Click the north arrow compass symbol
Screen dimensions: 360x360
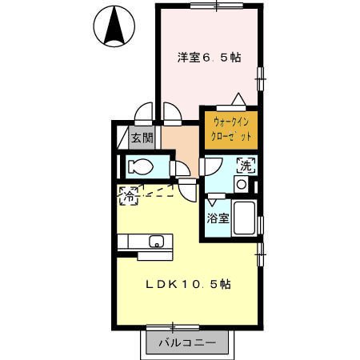click(x=114, y=26)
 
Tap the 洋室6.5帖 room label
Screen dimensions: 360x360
click(x=210, y=58)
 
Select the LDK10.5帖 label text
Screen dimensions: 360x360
click(x=188, y=285)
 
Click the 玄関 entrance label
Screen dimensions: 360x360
click(x=142, y=138)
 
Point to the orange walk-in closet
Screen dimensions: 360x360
click(x=231, y=130)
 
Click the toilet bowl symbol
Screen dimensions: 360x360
click(x=141, y=167)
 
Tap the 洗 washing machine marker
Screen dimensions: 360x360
click(x=246, y=166)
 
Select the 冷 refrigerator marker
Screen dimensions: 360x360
click(x=129, y=196)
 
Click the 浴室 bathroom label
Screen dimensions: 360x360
click(x=218, y=218)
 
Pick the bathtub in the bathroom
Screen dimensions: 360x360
click(x=244, y=218)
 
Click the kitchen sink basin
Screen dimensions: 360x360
click(x=157, y=241)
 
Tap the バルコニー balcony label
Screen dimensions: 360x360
click(x=187, y=342)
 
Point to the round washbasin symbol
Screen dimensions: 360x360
click(x=242, y=184)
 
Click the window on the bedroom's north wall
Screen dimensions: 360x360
click(x=217, y=6)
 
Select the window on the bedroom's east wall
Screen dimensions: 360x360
click(x=260, y=79)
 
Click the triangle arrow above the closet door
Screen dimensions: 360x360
click(x=238, y=99)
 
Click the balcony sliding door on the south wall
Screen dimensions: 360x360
click(x=173, y=327)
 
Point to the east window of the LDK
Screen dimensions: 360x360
click(x=260, y=254)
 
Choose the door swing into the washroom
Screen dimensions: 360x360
click(x=210, y=166)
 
